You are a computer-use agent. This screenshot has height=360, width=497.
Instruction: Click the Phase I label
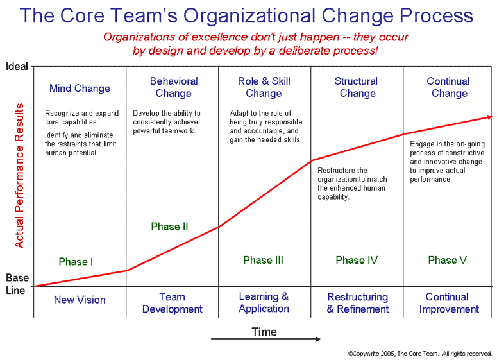pos(76,262)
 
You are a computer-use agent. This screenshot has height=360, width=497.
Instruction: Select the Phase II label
pos(169,227)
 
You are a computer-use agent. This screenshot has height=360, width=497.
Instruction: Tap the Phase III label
pos(263,260)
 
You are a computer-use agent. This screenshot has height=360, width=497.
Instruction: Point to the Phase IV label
pos(357,260)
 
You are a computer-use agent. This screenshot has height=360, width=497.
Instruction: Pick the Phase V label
pos(447,260)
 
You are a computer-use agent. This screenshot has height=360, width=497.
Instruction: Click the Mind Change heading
pos(80,88)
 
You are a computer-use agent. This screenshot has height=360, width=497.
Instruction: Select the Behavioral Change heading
pos(174,87)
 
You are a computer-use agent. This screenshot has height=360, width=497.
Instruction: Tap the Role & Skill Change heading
pos(264,87)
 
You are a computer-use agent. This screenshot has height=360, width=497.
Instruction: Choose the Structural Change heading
pos(357,87)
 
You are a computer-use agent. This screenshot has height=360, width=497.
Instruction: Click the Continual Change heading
pos(448,87)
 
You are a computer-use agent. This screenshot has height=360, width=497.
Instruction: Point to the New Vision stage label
pos(80,300)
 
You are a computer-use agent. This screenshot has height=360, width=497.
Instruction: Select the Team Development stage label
pos(172,303)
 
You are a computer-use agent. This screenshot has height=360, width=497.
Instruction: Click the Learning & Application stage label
pos(264,303)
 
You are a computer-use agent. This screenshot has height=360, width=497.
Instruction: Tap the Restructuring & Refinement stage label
pos(358,303)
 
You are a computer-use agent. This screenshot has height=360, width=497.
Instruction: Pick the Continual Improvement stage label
pos(449,303)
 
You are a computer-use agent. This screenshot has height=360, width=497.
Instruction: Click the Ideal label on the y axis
pos(17,66)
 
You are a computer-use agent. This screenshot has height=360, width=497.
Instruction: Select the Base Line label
pos(17,284)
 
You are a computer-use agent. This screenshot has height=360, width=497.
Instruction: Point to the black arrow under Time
pos(266,339)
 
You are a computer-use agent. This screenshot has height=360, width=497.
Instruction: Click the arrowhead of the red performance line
pos(489,117)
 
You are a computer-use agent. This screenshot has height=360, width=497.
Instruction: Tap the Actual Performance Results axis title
pos(19,175)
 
